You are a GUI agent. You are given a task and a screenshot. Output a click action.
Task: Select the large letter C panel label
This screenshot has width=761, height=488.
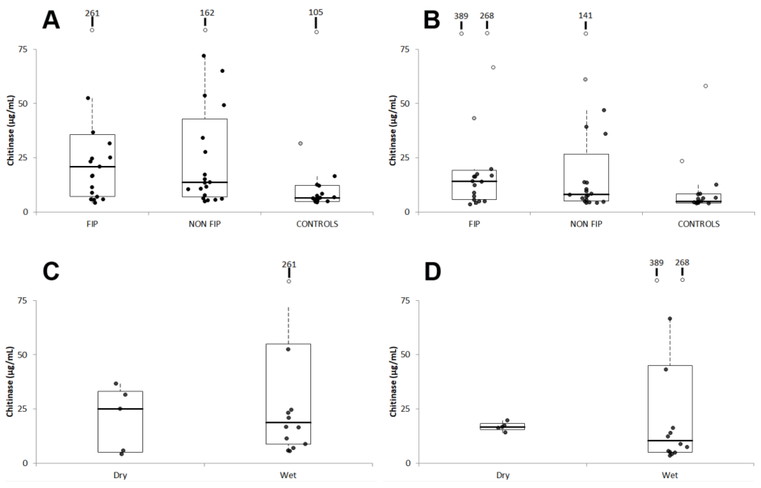[51, 271]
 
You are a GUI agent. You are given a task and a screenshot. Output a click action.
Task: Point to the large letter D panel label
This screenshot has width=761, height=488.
[432, 271]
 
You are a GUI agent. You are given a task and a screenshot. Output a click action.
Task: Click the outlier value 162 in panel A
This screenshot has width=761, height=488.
[207, 13]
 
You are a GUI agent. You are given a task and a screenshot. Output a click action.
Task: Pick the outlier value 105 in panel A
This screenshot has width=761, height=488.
[316, 12]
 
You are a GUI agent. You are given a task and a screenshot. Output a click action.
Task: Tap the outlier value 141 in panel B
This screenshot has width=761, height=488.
[585, 16]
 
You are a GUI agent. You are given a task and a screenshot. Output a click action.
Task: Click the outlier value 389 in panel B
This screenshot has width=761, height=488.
[461, 16]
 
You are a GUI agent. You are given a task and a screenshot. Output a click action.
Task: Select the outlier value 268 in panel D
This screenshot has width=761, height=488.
[682, 263]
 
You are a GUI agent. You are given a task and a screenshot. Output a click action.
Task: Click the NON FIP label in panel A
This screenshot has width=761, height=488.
[205, 224]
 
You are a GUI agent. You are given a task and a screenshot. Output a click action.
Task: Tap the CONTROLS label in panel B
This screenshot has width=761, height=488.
[698, 224]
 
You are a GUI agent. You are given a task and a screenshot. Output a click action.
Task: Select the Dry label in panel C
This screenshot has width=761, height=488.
[120, 475]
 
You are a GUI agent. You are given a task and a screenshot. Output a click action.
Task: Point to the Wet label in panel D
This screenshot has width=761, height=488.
[670, 475]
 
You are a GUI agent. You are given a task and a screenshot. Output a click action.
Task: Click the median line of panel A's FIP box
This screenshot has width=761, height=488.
[93, 167]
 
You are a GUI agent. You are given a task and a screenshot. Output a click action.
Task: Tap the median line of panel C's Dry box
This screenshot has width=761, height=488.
[120, 409]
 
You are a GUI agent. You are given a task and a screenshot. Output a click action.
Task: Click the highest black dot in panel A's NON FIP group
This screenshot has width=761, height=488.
[204, 56]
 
